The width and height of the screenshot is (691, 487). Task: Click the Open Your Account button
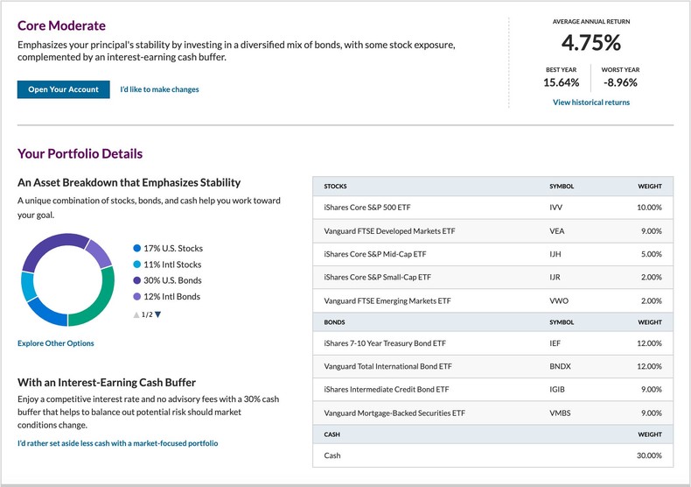63,89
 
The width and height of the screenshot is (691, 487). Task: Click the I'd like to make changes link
159,89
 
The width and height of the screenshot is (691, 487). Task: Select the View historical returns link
590,102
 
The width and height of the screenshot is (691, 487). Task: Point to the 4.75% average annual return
590,43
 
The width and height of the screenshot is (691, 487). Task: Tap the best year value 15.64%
561,82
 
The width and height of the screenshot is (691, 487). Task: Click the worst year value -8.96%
620,82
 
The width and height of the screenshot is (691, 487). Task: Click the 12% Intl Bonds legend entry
171,297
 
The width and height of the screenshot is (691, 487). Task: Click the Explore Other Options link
55,343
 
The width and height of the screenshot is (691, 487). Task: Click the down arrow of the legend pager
158,314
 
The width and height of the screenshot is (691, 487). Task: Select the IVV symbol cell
556,208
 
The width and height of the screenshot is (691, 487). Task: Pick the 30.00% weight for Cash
649,455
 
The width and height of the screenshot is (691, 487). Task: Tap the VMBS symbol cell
560,412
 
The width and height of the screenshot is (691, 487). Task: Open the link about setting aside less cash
117,443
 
